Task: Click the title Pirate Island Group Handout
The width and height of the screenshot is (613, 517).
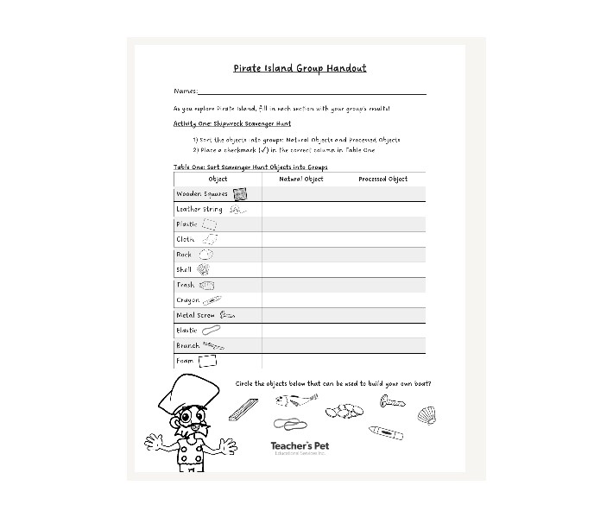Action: [300, 68]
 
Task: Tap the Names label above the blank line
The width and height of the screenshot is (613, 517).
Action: [186, 91]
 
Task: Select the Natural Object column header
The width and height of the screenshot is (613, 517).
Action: [300, 179]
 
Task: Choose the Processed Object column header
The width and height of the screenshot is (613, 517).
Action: [382, 179]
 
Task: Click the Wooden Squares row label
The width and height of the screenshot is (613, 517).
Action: [202, 194]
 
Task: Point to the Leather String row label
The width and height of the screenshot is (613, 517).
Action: [199, 209]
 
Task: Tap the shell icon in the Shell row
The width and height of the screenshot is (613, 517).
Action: [203, 269]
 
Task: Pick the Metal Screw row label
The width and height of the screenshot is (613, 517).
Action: [196, 315]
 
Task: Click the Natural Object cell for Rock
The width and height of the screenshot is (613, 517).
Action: [300, 255]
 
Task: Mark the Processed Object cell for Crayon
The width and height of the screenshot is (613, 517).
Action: [382, 300]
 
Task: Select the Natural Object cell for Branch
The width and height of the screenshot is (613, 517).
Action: [300, 345]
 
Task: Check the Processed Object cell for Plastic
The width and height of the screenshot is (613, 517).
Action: [382, 224]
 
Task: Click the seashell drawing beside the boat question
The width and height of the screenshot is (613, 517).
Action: [427, 416]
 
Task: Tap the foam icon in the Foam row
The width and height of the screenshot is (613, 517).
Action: [207, 361]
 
